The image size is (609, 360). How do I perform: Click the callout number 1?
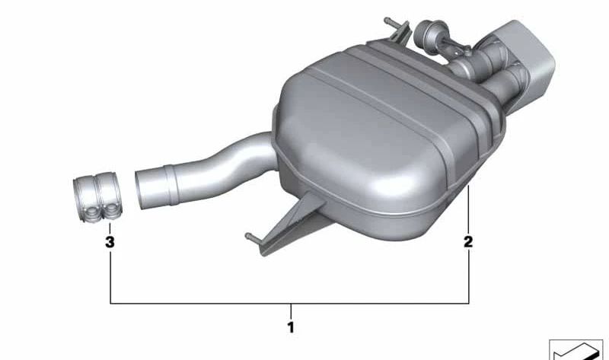291,327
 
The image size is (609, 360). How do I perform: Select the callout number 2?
468,241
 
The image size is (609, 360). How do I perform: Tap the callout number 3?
110,241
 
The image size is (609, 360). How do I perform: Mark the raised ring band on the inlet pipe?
171,184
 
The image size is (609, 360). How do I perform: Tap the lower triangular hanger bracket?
292,223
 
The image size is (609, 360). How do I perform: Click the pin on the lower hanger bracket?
253,237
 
